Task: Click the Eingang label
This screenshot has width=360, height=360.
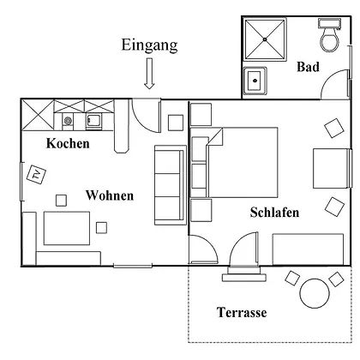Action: [x=149, y=45]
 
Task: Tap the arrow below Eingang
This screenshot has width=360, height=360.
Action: [x=149, y=73]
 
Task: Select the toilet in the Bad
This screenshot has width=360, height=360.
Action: [x=330, y=35]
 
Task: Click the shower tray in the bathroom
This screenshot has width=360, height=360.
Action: [x=265, y=39]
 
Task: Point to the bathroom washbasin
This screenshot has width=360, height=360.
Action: [x=255, y=81]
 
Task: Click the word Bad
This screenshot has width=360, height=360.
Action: [x=308, y=67]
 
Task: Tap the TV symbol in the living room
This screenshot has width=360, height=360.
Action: [x=36, y=174]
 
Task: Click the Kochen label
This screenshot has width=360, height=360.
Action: [x=68, y=143]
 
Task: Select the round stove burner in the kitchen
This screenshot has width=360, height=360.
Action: [x=68, y=121]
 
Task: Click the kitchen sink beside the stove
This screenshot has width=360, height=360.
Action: [x=93, y=122]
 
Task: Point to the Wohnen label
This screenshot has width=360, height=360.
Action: [x=110, y=195]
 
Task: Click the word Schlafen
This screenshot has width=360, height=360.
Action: [x=274, y=213]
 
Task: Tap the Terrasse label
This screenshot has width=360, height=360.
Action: [x=242, y=312]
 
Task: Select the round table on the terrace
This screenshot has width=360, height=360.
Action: [x=315, y=293]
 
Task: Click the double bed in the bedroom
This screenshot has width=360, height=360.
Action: [x=243, y=162]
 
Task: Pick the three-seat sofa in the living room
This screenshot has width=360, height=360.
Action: [x=171, y=185]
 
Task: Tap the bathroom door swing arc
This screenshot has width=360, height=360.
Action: [x=332, y=76]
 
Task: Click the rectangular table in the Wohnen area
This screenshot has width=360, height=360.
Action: [x=67, y=228]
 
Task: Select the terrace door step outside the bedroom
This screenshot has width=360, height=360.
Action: [x=244, y=278]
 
